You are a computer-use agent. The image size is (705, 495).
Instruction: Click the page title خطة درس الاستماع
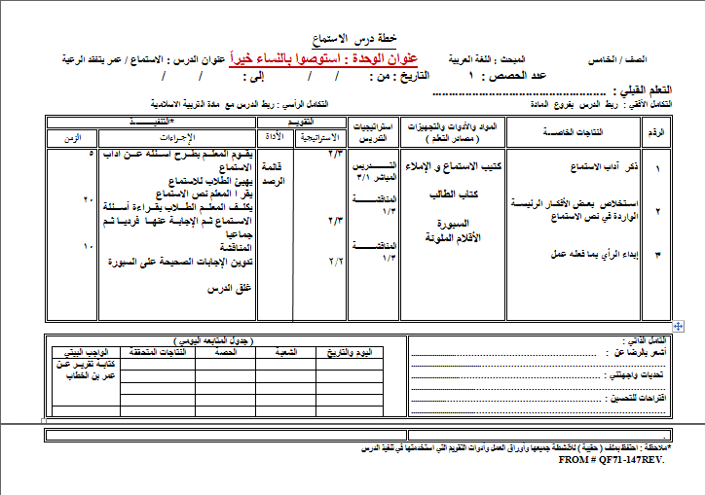coord(352,39)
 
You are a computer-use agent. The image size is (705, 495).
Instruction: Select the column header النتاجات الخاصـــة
coord(572,131)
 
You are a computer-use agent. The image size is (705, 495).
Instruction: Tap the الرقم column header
coord(654,131)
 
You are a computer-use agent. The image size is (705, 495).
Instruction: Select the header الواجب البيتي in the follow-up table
coord(85,351)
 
